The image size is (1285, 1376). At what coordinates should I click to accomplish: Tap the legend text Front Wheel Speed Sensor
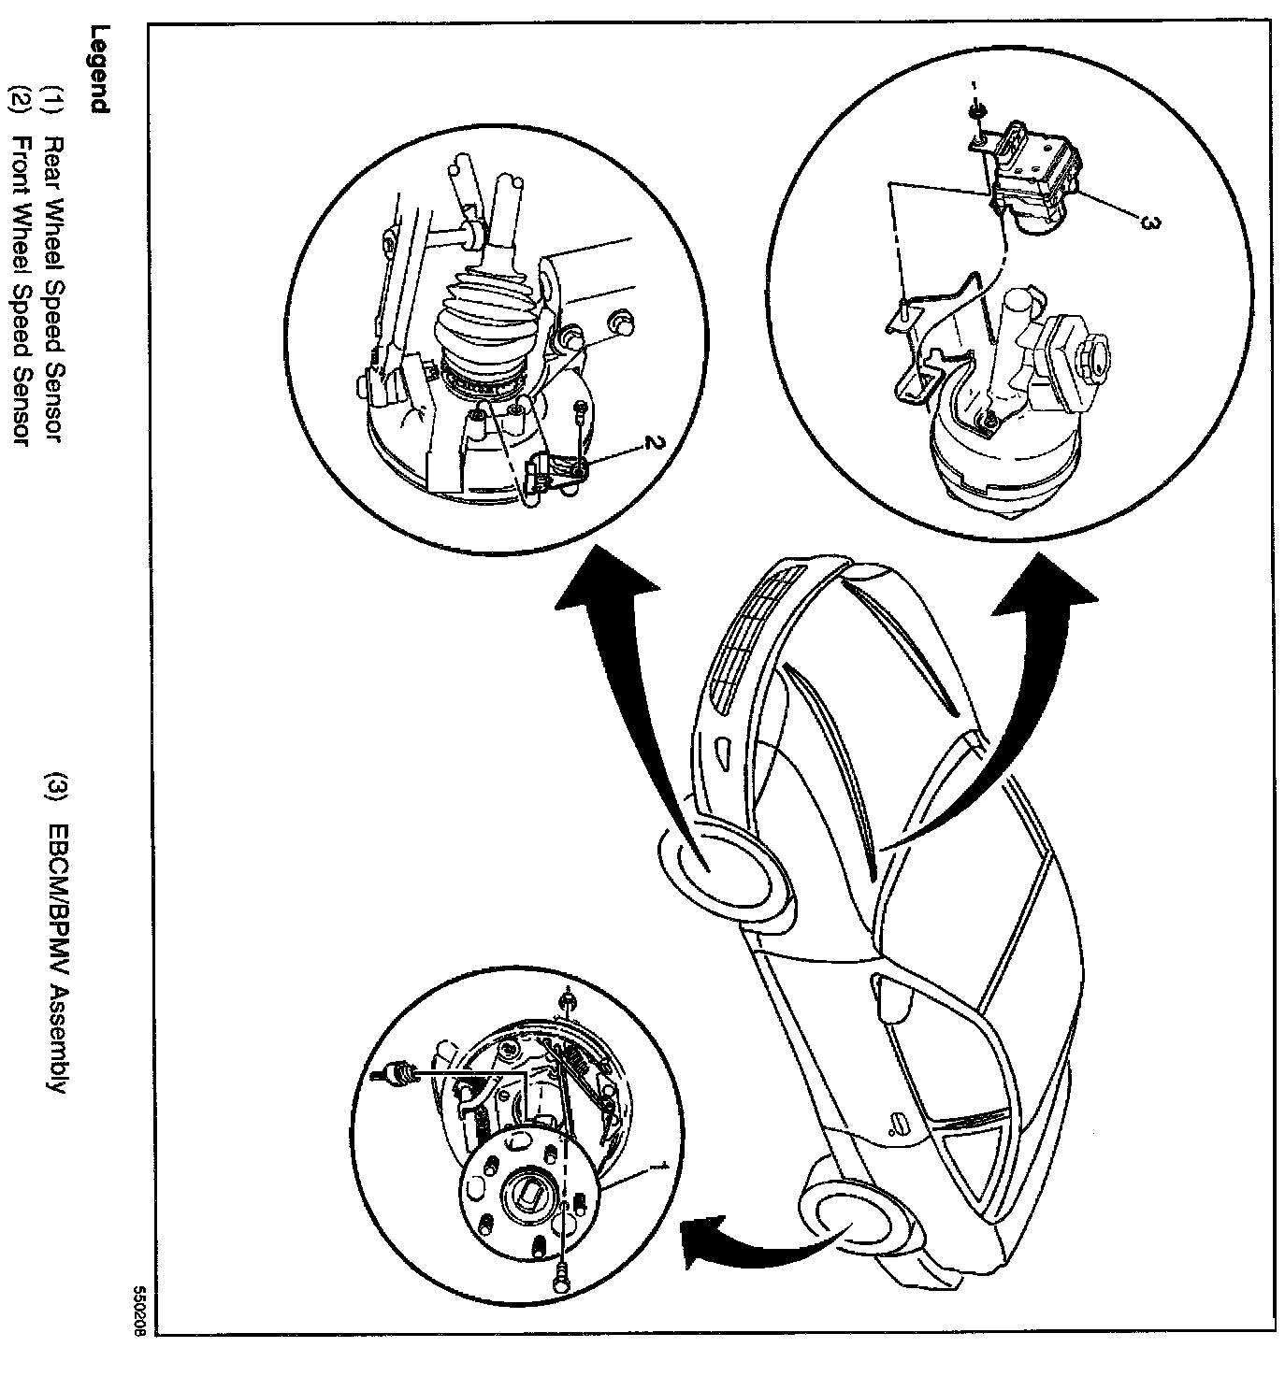[18, 290]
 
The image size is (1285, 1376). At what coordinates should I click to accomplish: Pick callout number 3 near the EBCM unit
[1151, 222]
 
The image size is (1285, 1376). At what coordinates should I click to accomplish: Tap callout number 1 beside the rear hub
[660, 1165]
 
